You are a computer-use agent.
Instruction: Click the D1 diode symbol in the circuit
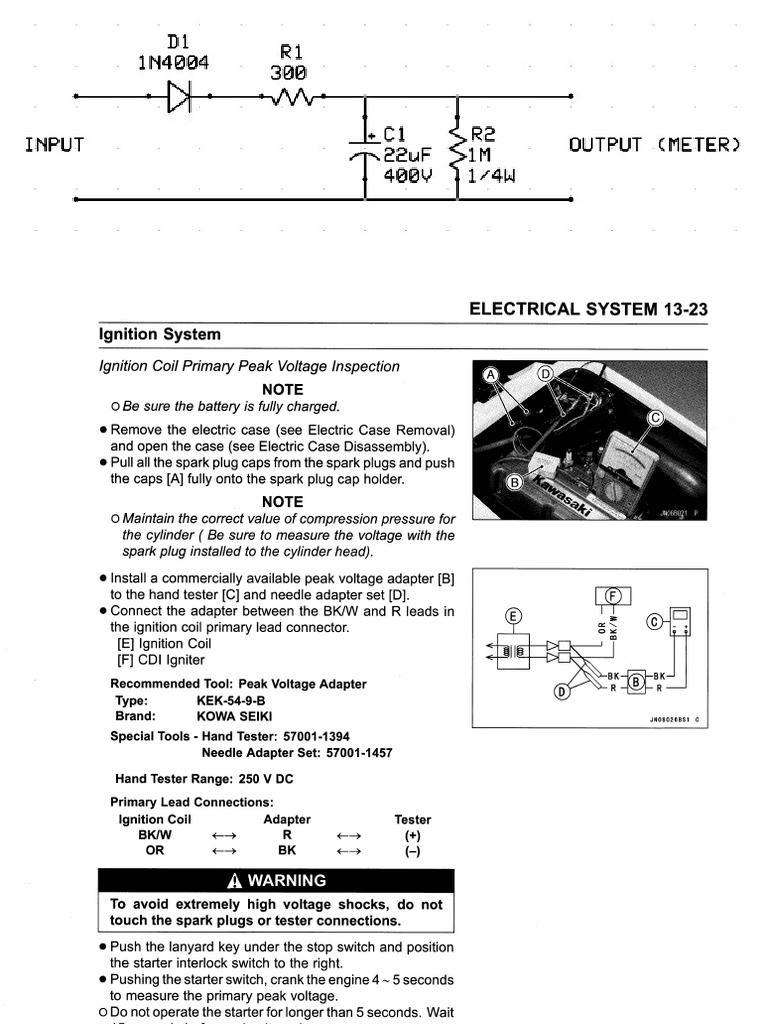click(x=180, y=97)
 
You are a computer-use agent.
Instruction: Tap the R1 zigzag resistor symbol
click(x=292, y=97)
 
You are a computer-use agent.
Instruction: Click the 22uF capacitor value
click(x=412, y=156)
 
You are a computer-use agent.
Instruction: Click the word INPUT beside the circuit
click(x=54, y=145)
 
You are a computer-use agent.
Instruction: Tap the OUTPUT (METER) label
click(x=655, y=145)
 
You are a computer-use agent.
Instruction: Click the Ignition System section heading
click(x=160, y=334)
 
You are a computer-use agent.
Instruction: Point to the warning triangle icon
click(x=235, y=881)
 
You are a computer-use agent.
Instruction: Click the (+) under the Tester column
click(x=413, y=835)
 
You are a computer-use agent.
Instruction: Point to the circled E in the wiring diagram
click(x=514, y=615)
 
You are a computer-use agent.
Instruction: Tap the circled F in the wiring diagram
click(x=614, y=596)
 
